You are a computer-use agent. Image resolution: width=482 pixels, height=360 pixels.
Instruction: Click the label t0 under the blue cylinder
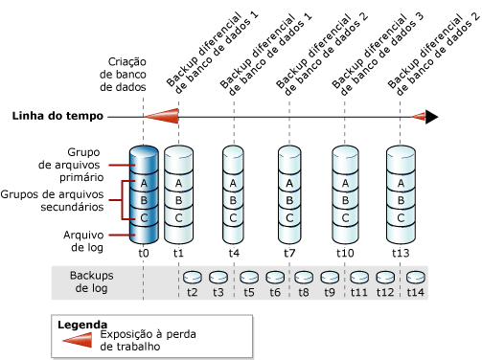[143, 254]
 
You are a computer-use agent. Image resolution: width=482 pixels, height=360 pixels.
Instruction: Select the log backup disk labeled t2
[192, 277]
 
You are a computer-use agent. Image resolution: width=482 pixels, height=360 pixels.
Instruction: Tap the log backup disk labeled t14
[416, 277]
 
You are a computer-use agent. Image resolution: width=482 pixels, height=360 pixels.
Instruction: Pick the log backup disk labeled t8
[303, 277]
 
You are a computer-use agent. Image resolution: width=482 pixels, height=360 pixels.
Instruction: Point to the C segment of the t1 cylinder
[178, 218]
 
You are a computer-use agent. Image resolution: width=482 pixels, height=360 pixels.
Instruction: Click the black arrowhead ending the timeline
[432, 117]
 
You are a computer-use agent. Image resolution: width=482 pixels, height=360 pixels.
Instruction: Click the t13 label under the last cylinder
[401, 254]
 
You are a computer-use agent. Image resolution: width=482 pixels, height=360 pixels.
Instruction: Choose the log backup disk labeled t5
[247, 277]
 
